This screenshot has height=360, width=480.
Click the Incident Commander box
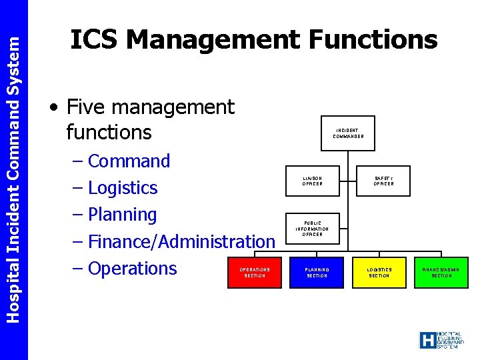click(x=349, y=133)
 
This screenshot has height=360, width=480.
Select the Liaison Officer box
click(x=313, y=181)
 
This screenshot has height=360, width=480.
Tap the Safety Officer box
click(x=384, y=181)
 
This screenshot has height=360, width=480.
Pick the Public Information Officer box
click(x=313, y=229)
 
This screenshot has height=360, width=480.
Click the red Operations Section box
click(x=255, y=273)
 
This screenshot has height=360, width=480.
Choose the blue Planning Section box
click(x=317, y=273)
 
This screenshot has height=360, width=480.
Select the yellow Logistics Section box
click(x=379, y=273)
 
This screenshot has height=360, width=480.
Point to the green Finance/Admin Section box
click(x=441, y=273)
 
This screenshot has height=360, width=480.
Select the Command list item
click(x=129, y=161)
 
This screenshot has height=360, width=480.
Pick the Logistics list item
click(x=123, y=188)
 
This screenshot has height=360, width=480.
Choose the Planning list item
click(x=122, y=215)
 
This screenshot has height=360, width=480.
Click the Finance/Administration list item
click(x=181, y=241)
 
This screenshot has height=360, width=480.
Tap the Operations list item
click(x=132, y=268)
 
